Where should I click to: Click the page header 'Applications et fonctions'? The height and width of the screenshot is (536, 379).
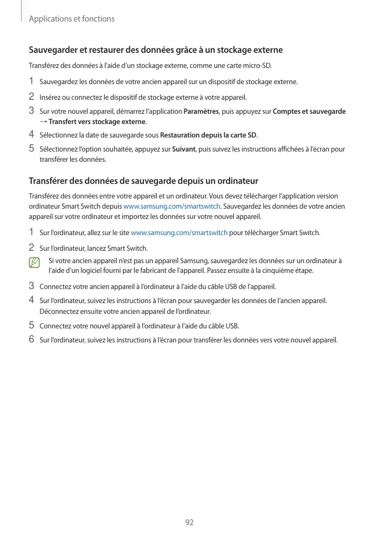[71, 19]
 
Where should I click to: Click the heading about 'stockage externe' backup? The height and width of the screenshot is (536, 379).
[155, 50]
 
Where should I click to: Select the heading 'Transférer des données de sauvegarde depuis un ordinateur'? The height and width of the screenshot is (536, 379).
[143, 181]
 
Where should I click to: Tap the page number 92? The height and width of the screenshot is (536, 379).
[189, 523]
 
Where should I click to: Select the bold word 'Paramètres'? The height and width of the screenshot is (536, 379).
[201, 112]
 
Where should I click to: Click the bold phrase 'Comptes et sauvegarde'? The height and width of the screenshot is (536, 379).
[309, 112]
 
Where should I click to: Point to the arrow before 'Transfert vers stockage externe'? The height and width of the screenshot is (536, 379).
[43, 121]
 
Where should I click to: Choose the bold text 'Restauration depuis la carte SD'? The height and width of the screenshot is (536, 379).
[209, 134]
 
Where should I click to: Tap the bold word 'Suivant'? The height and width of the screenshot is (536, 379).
[183, 149]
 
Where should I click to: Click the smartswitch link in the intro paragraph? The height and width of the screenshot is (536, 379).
[172, 207]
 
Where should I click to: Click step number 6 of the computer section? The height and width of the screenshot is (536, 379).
[31, 340]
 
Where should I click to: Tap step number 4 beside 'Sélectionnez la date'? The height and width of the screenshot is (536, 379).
[31, 134]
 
